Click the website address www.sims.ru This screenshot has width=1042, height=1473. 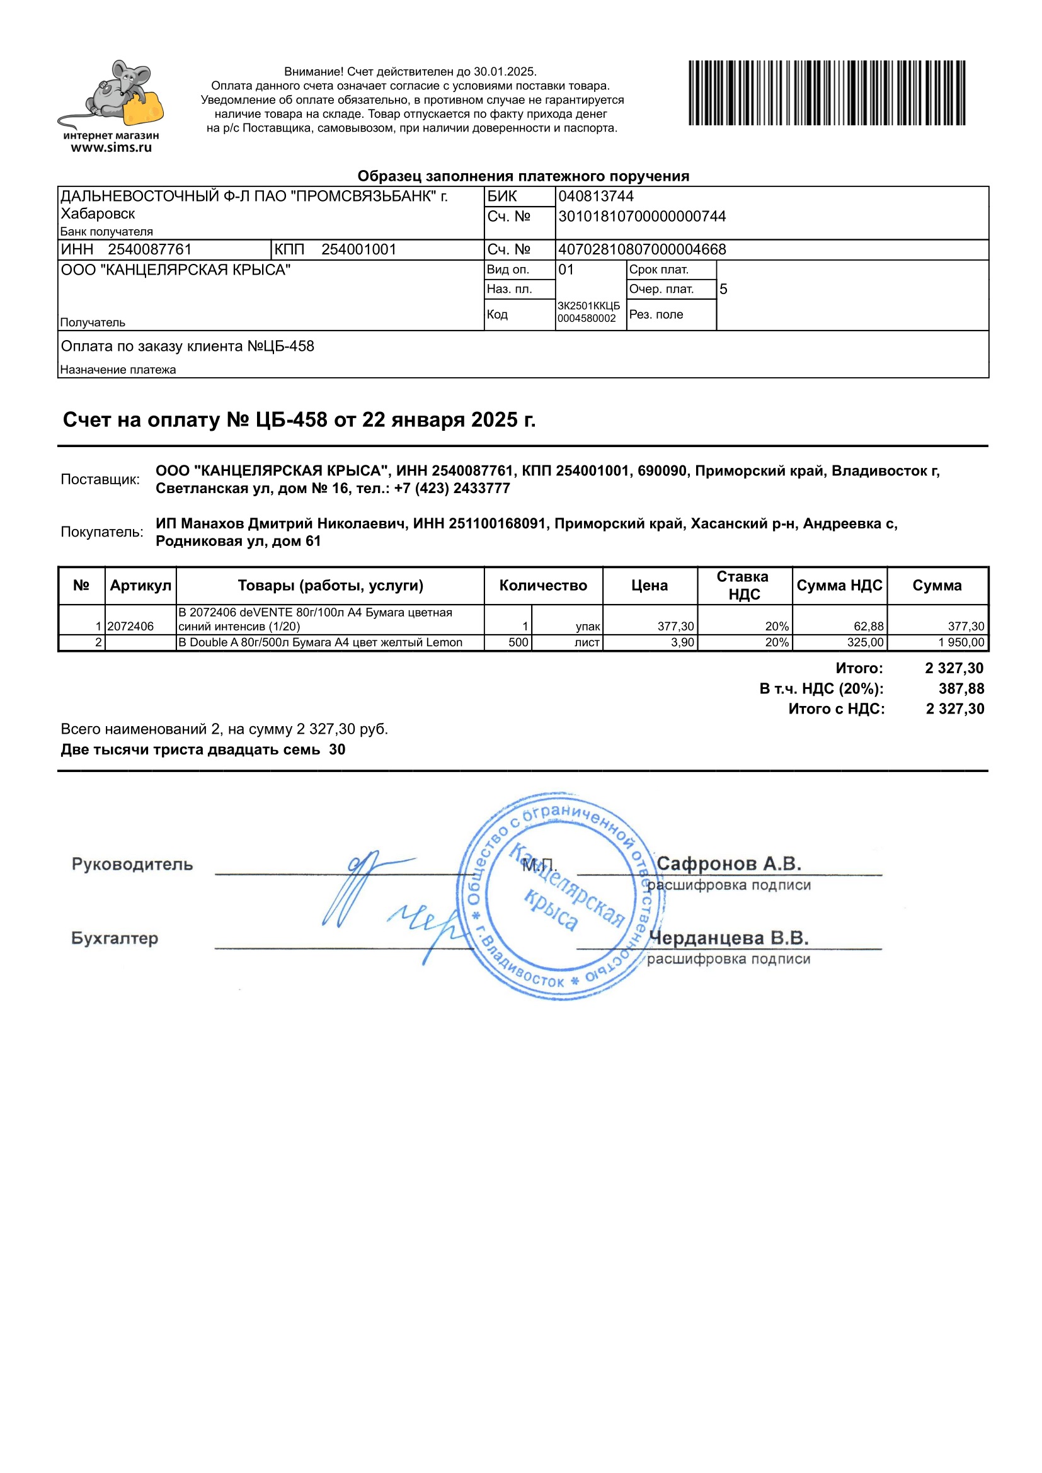tap(111, 147)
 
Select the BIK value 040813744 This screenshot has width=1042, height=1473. tap(595, 196)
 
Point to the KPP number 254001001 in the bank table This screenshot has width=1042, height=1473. tap(358, 249)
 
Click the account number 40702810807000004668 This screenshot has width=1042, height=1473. tap(641, 249)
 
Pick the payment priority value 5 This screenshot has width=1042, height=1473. tap(723, 289)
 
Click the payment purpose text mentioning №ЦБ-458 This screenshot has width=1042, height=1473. tap(187, 346)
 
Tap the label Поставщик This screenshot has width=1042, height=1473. tap(100, 479)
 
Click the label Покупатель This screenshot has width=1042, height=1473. tap(102, 532)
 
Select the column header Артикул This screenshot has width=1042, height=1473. tap(140, 585)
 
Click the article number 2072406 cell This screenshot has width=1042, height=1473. tap(130, 626)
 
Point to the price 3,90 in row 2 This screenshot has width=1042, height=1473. tap(682, 642)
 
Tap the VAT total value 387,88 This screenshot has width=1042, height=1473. tap(961, 688)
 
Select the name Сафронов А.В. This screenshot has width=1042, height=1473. tap(729, 863)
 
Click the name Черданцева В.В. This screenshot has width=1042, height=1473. tap(728, 938)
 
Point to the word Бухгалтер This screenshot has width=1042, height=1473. tap(114, 938)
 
